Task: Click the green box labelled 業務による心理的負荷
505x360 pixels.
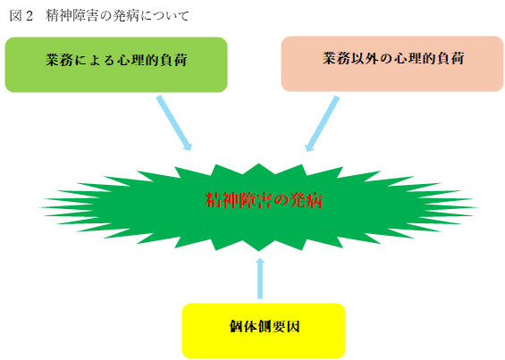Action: tap(116, 64)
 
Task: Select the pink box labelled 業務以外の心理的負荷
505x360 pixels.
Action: tap(392, 63)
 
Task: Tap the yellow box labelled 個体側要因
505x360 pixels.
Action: tap(264, 330)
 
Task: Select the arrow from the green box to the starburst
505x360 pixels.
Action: tap(174, 122)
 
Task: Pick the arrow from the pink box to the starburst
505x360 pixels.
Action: tap(324, 122)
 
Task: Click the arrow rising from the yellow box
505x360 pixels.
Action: tap(261, 279)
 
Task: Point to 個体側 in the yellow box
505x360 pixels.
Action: tap(250, 327)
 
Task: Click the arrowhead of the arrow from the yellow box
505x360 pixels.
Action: tap(261, 263)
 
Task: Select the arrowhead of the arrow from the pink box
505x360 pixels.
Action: tap(309, 145)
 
